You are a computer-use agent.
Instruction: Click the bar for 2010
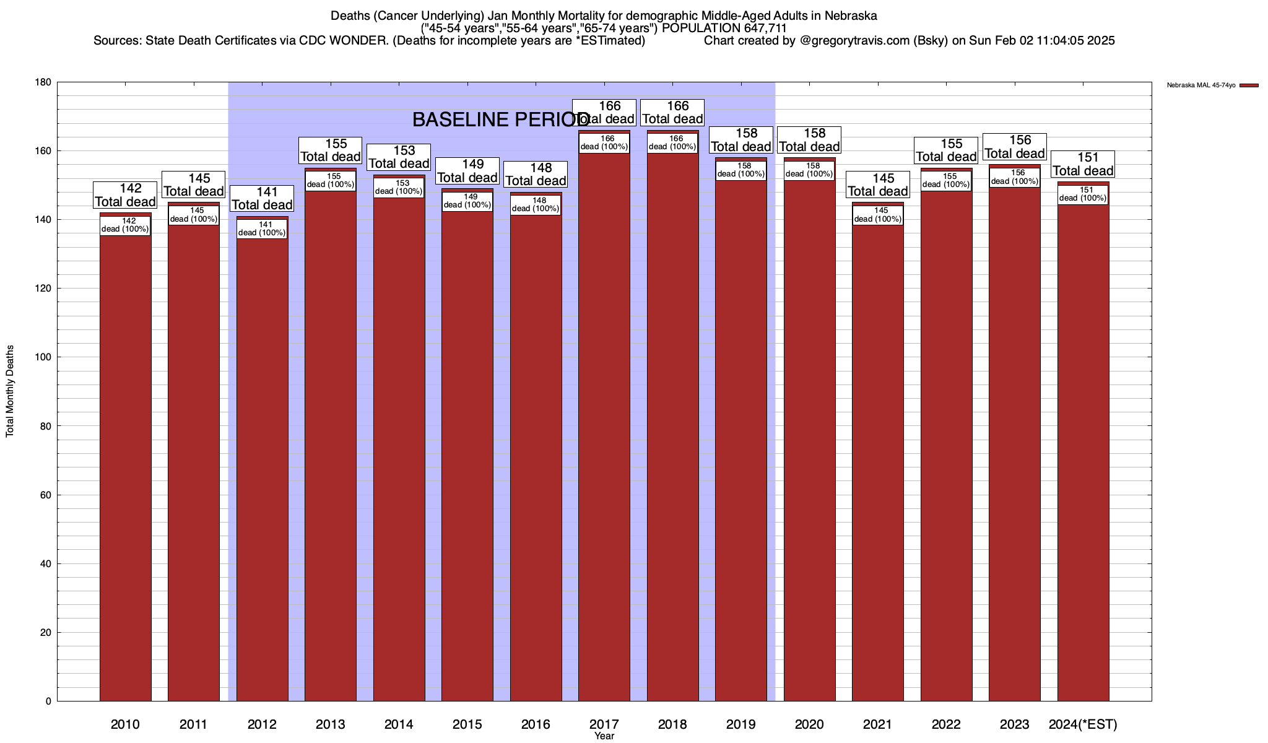point(125,458)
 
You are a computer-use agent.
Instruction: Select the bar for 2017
point(604,427)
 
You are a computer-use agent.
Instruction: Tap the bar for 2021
point(878,458)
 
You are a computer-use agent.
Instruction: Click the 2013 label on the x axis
point(331,724)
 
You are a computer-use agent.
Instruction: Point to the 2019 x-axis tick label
point(741,724)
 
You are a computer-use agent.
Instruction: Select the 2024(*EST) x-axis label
point(1083,724)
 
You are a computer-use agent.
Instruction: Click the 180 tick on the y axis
point(43,82)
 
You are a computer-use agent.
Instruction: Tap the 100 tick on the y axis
point(43,357)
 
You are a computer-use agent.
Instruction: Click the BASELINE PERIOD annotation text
point(500,119)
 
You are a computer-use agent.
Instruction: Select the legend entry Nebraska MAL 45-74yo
point(1201,85)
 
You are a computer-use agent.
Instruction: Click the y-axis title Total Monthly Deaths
point(10,391)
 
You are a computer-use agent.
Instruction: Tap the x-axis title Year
point(604,736)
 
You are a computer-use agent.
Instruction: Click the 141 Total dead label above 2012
point(262,198)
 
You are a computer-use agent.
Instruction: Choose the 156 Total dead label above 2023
point(1015,147)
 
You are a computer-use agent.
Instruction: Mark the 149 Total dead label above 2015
point(467,171)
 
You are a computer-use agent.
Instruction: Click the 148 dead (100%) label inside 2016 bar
point(536,204)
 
